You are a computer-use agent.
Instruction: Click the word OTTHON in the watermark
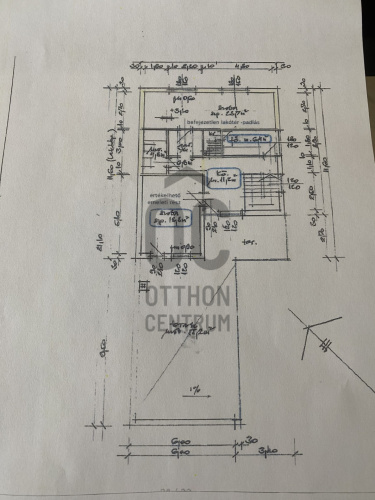tap(189, 297)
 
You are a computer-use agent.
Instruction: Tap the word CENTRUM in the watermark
tap(189, 322)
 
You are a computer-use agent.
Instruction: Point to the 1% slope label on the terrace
tap(197, 387)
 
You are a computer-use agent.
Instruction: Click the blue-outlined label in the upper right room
tap(248, 140)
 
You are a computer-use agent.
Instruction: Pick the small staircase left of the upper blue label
tap(213, 147)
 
